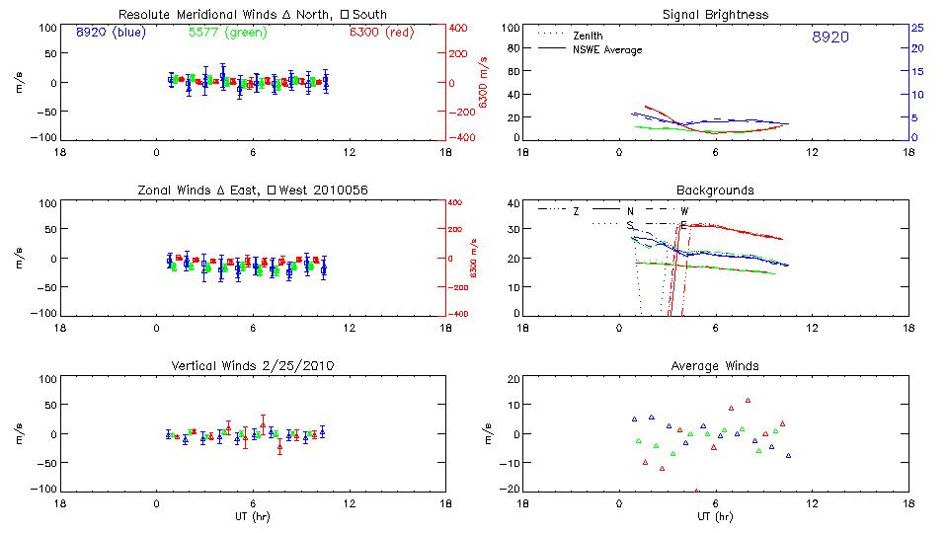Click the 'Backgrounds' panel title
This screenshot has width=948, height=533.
pos(715,190)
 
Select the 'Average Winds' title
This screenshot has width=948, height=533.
pos(715,366)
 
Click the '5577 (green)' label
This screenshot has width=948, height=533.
pos(225,33)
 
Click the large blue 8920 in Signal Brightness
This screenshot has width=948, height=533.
pos(829,38)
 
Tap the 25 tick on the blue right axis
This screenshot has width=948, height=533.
pos(916,28)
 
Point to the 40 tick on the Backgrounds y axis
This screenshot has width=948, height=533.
pos(513,204)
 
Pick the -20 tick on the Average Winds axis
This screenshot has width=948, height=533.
pos(511,489)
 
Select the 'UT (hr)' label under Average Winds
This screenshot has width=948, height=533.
pos(715,516)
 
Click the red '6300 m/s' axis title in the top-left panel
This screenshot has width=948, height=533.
pos(484,83)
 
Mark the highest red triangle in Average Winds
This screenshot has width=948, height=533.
pos(749,401)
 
